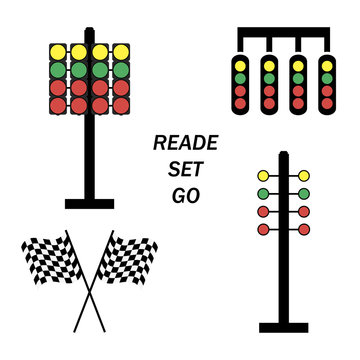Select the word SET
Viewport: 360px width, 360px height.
coord(177,170)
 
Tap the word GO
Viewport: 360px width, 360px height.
coord(177,196)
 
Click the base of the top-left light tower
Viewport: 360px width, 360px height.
coord(89,204)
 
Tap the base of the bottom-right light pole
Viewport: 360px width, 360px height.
coord(283,326)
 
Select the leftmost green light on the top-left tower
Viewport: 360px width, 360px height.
coord(58,70)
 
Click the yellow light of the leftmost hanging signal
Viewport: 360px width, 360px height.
coord(239,66)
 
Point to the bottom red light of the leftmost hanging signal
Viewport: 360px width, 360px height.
coord(239,104)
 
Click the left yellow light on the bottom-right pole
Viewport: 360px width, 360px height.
coord(264,176)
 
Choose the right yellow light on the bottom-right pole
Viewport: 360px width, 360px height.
coord(304,176)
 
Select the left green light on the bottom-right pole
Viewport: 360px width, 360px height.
coord(264,194)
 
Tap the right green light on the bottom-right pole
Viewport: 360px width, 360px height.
coord(304,194)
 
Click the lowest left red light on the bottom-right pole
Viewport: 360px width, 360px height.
coord(264,230)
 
